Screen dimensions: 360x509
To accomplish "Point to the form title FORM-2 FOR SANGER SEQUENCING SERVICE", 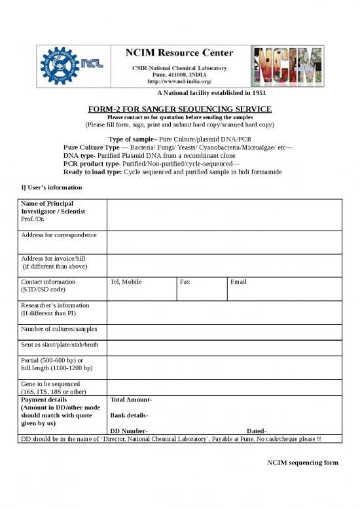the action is click(x=180, y=108).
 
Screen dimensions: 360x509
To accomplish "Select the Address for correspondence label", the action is click(x=59, y=234).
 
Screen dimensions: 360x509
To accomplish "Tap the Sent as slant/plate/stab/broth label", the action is click(x=60, y=345).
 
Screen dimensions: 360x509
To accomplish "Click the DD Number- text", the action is click(x=128, y=430).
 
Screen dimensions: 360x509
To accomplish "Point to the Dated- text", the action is click(x=257, y=430).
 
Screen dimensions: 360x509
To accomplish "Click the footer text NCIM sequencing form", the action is click(x=302, y=463).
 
